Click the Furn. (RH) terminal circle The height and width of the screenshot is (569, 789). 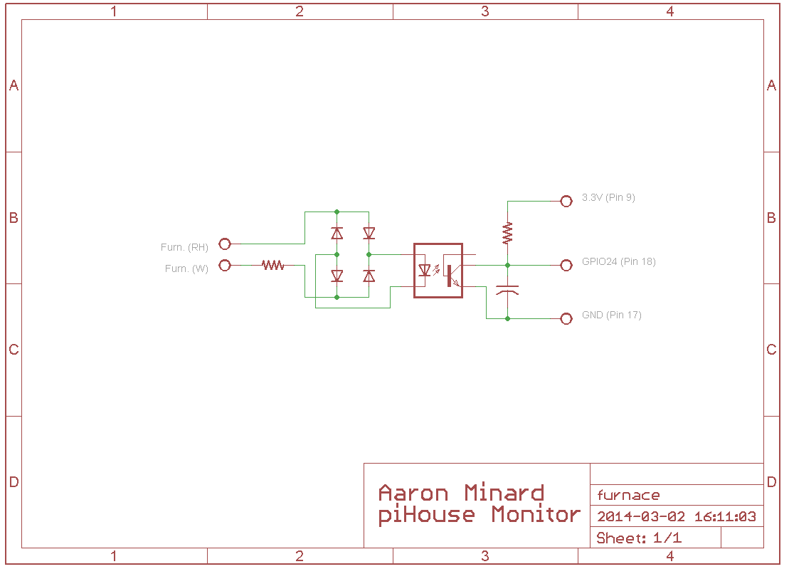point(225,244)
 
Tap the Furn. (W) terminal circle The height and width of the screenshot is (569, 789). point(225,266)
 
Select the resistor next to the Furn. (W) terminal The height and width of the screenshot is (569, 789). point(273,265)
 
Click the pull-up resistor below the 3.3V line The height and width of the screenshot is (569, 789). point(508,233)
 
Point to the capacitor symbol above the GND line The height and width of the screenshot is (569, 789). point(507,291)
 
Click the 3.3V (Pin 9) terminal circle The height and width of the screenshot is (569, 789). point(566,202)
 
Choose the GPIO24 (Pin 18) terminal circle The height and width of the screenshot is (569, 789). point(566,266)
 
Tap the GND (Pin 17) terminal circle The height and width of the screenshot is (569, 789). point(566,319)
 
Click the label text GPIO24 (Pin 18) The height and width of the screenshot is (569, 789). point(619,261)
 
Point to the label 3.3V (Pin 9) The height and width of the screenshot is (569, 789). point(608,197)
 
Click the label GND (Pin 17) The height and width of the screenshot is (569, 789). point(611,315)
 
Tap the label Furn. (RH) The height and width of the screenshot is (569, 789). point(184,247)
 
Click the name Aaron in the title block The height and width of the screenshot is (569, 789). point(413,493)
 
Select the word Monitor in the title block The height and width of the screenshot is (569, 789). point(536,515)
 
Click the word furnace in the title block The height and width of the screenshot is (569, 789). point(628,496)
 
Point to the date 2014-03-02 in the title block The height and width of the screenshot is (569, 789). point(641,516)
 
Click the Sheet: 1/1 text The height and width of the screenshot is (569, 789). point(639,538)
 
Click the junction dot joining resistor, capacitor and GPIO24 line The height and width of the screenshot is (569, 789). point(508,266)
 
